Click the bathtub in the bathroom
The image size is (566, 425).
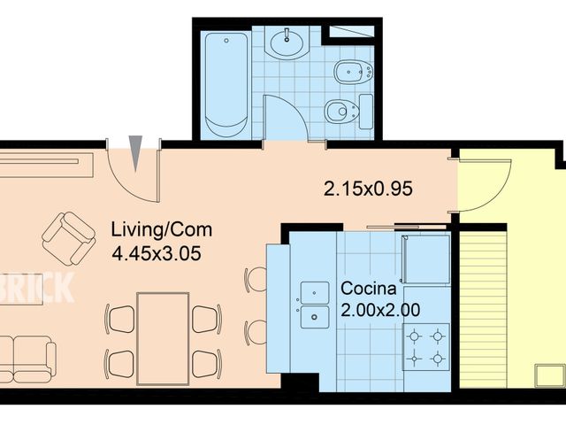pyautogui.click(x=226, y=84)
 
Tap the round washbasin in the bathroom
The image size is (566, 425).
pyautogui.click(x=287, y=42)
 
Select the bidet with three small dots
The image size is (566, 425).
pyautogui.click(x=354, y=72)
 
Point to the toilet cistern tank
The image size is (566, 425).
pyautogui.click(x=366, y=112)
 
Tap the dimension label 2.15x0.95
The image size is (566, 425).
pyautogui.click(x=368, y=189)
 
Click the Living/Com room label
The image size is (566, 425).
pyautogui.click(x=161, y=230)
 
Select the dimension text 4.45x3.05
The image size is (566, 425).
pyautogui.click(x=157, y=253)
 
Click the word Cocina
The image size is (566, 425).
pyautogui.click(x=369, y=289)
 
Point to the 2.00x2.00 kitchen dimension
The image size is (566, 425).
pyautogui.click(x=380, y=310)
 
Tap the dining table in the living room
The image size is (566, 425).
pyautogui.click(x=163, y=338)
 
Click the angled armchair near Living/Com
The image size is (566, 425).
pyautogui.click(x=69, y=238)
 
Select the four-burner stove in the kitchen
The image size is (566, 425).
pyautogui.click(x=426, y=347)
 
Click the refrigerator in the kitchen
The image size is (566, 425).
pyautogui.click(x=426, y=259)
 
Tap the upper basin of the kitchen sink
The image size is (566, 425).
pyautogui.click(x=315, y=293)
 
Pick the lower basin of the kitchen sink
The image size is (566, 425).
pyautogui.click(x=315, y=317)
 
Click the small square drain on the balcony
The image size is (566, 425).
pyautogui.click(x=549, y=375)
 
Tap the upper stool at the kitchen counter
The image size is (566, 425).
pyautogui.click(x=255, y=280)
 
